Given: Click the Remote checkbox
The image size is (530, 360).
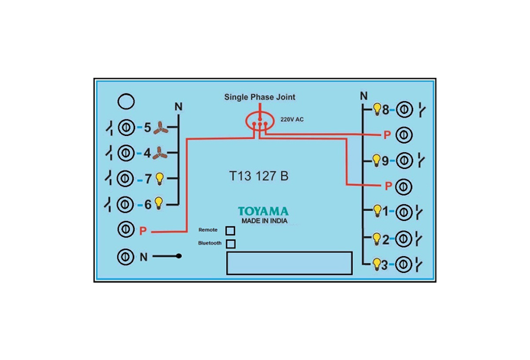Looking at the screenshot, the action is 230,231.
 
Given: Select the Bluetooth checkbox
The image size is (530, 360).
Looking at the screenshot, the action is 231,244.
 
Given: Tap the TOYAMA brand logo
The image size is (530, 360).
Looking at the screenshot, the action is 263,211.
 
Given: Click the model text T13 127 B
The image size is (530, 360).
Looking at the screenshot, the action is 259,176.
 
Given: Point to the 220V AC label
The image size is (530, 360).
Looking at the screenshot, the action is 292,119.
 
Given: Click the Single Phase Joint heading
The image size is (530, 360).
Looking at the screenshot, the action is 260,97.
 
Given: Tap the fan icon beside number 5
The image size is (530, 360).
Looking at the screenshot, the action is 160,128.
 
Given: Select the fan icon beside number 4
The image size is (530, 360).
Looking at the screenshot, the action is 160,153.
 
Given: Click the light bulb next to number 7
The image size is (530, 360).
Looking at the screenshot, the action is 160,178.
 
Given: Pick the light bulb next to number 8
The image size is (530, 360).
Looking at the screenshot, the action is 377,109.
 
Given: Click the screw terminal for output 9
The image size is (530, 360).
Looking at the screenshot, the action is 404,161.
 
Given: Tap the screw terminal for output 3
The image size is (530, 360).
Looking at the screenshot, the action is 403,264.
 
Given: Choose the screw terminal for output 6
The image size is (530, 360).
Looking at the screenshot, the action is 125,204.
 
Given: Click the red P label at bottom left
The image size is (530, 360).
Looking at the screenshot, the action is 143,231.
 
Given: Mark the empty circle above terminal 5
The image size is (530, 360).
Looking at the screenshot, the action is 126,102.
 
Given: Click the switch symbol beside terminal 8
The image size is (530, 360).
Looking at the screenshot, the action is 422,110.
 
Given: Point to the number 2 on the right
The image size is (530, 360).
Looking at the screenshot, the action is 386,240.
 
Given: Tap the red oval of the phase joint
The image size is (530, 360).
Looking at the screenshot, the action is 247,122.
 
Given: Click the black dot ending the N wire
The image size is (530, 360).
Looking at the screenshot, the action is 179,256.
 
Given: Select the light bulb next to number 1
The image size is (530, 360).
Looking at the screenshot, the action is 377,211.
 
